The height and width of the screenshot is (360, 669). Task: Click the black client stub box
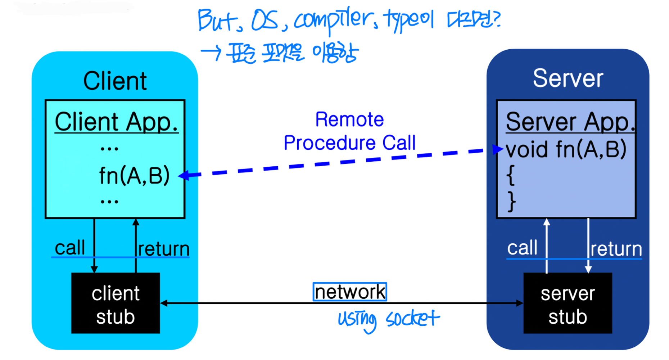tap(115, 303)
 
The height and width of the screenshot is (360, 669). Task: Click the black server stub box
tap(568, 303)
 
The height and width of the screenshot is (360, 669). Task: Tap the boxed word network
tap(350, 292)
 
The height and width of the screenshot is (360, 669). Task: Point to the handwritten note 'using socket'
tap(388, 319)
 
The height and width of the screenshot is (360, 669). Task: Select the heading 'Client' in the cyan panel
tap(115, 81)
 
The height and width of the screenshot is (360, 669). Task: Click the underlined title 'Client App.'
tap(116, 122)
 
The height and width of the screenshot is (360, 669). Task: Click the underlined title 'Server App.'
tap(570, 122)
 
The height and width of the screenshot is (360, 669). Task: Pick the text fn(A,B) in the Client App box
tap(134, 176)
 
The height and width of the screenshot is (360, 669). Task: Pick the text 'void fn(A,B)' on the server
tap(566, 149)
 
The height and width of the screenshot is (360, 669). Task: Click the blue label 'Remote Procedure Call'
tap(349, 131)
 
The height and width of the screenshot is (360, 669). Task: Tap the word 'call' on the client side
tap(70, 248)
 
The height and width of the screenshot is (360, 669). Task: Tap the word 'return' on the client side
tap(164, 249)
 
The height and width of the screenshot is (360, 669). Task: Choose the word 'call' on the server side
tap(522, 248)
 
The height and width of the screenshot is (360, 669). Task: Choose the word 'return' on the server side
tap(616, 249)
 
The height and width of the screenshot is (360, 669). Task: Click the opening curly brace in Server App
tap(510, 175)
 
